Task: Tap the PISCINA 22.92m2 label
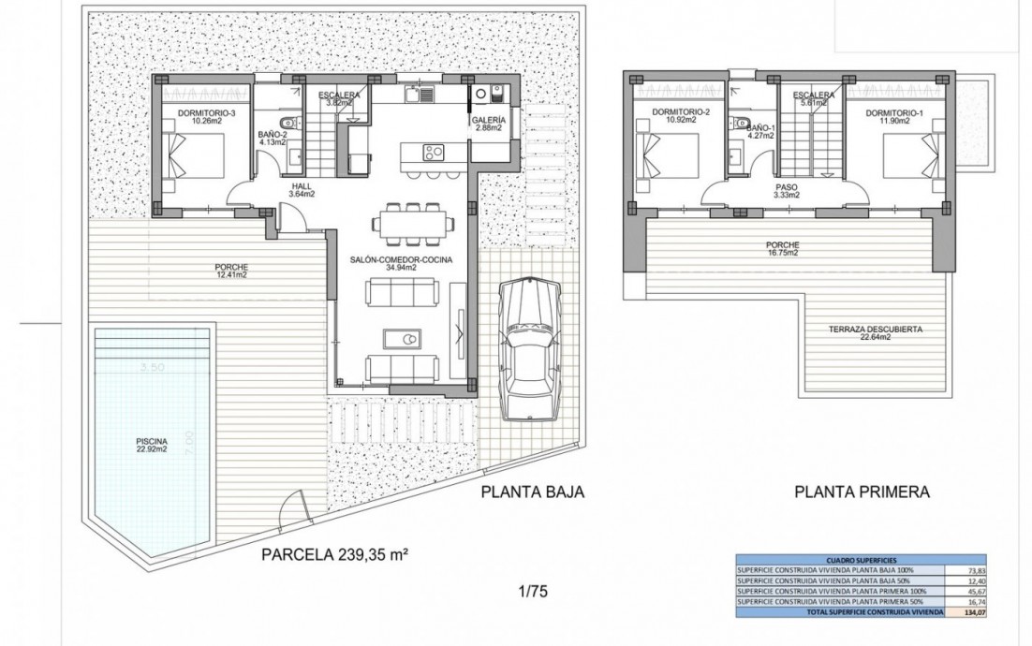[151, 446]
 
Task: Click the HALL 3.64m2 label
[301, 190]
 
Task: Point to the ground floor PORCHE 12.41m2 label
[229, 271]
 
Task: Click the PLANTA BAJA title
[532, 492]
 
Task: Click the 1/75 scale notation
[532, 591]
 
